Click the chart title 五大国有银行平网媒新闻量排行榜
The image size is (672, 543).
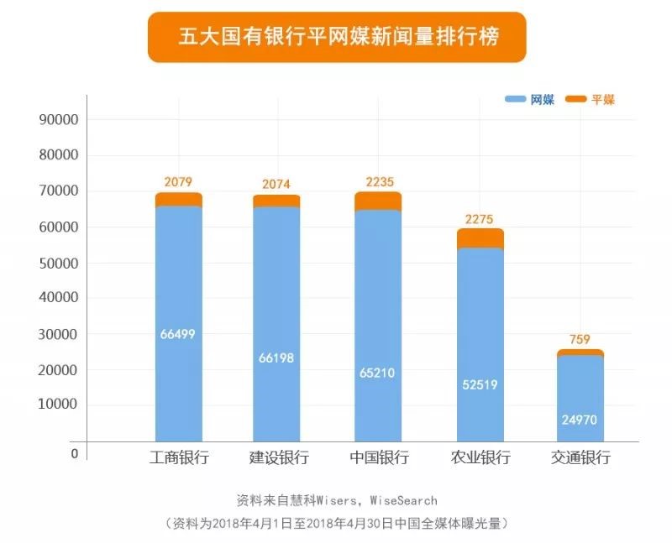click(336, 37)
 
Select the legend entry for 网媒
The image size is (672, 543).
click(530, 99)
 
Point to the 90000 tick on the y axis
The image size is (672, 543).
click(59, 119)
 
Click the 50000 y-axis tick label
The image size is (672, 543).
click(59, 263)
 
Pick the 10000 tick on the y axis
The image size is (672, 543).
click(59, 405)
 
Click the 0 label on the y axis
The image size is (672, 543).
click(74, 453)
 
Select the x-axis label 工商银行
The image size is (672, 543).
click(178, 458)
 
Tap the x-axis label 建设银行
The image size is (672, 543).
click(278, 458)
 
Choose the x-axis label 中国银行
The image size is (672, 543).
click(378, 458)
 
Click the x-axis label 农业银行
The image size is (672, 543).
click(480, 458)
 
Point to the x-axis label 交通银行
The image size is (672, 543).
click(580, 458)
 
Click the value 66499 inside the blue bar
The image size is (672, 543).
click(177, 334)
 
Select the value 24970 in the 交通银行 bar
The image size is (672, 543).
click(579, 419)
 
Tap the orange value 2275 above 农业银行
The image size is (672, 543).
click(480, 220)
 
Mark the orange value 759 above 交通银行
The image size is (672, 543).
click(579, 341)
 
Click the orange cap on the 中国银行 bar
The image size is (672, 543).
click(378, 201)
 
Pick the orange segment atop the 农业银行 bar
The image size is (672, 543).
click(480, 238)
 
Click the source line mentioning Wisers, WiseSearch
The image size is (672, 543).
click(336, 500)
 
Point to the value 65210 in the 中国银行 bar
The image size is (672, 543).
click(378, 372)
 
